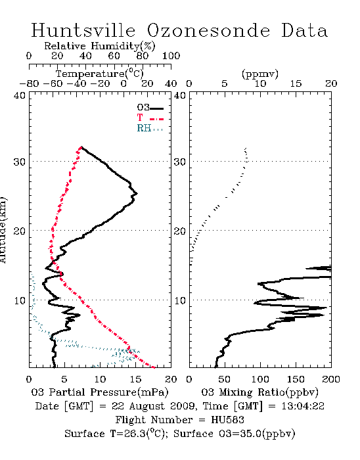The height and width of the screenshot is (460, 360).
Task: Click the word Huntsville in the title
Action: [x=83, y=30]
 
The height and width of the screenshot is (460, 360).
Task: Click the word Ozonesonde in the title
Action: [x=208, y=30]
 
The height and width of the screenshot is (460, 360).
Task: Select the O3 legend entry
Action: [x=150, y=108]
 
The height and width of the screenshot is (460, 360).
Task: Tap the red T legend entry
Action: [x=150, y=118]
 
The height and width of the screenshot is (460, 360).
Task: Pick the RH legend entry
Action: [x=150, y=128]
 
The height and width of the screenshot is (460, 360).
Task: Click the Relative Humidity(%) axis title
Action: [x=100, y=46]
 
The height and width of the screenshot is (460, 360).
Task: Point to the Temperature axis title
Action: [x=100, y=74]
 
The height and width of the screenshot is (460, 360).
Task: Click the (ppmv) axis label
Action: [x=260, y=74]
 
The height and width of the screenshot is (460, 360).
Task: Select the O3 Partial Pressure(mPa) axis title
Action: [x=100, y=392]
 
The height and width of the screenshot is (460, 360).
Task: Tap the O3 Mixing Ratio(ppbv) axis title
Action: [x=259, y=392]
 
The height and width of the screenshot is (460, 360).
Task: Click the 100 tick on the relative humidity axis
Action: [x=171, y=56]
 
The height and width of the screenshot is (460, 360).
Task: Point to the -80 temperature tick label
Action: [x=29, y=83]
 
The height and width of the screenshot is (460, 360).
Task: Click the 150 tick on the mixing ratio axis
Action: [x=296, y=379]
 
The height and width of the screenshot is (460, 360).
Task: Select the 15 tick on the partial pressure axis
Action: [x=135, y=379]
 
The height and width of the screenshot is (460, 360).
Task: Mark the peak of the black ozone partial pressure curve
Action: [x=137, y=193]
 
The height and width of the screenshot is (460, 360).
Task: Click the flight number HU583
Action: [x=227, y=420]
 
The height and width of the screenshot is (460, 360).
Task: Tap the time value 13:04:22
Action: [x=303, y=406]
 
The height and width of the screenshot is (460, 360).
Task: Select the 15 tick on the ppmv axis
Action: [x=296, y=83]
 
